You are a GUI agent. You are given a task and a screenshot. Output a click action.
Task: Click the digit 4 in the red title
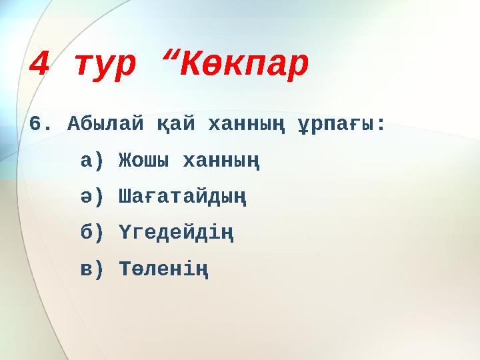pos(41,65)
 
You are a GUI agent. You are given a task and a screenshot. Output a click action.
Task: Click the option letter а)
pos(92,161)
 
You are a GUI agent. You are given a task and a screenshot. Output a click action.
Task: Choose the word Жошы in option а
pos(143,161)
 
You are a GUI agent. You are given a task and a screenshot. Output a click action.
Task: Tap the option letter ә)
pos(92,197)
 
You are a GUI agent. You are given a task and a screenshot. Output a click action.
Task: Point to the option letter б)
pos(92,233)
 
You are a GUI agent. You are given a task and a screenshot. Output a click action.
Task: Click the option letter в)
pos(92,269)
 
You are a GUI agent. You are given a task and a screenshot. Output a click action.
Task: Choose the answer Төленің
pos(163,269)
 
